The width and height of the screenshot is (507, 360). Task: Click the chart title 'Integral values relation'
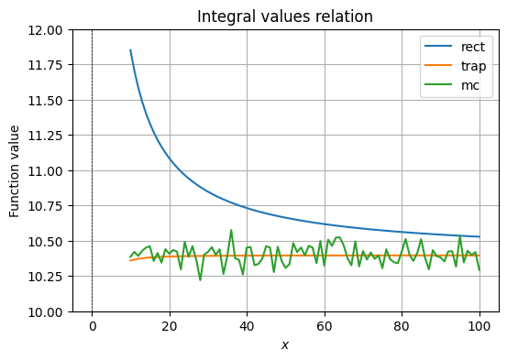(285, 16)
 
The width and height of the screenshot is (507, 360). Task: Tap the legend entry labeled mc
(469, 86)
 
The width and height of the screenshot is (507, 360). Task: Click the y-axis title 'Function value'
(15, 171)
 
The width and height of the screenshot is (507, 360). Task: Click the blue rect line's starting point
(130, 50)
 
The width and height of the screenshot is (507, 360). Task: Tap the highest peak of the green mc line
(231, 230)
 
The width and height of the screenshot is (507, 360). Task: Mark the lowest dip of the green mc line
(200, 279)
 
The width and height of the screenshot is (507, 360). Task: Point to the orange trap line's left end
(130, 261)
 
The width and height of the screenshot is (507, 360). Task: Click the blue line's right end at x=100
(479, 237)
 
